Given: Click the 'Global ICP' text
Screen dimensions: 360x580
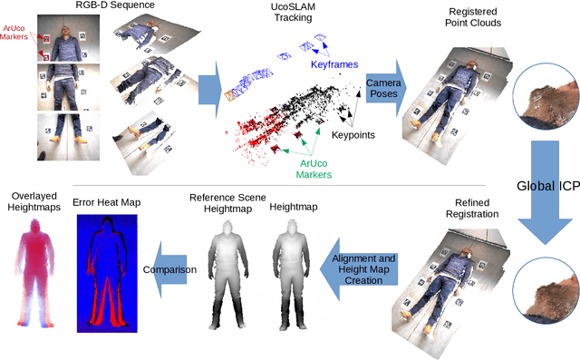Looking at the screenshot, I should [x=546, y=187].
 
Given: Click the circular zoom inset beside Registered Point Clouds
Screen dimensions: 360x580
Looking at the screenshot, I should [x=546, y=107].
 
